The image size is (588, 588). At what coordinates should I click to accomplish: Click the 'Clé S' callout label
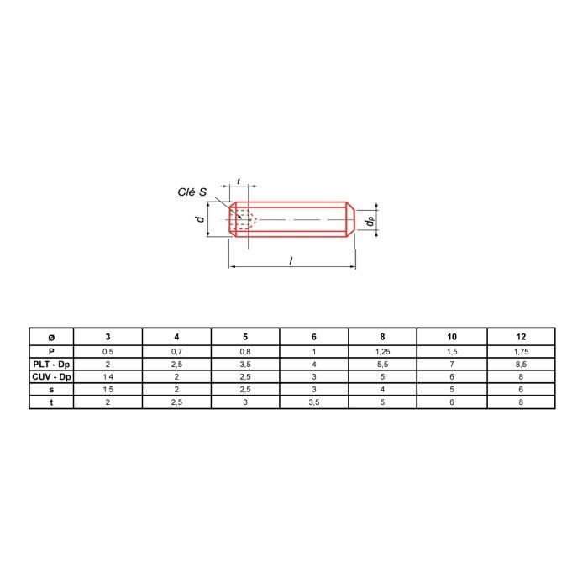[x=192, y=192]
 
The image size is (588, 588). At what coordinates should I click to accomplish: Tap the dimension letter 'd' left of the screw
[x=201, y=218]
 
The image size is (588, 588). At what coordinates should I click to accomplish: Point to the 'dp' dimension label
[x=370, y=221]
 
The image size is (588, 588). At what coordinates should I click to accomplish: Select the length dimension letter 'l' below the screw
[x=291, y=260]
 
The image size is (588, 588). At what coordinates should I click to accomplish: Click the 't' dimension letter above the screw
[x=239, y=181]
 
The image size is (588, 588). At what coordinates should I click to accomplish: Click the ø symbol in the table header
[x=51, y=337]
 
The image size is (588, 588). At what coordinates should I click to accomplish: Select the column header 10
[x=452, y=337]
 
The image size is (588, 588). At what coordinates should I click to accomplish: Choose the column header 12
[x=521, y=337]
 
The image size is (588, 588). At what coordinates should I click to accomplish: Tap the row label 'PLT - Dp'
[x=51, y=364]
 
